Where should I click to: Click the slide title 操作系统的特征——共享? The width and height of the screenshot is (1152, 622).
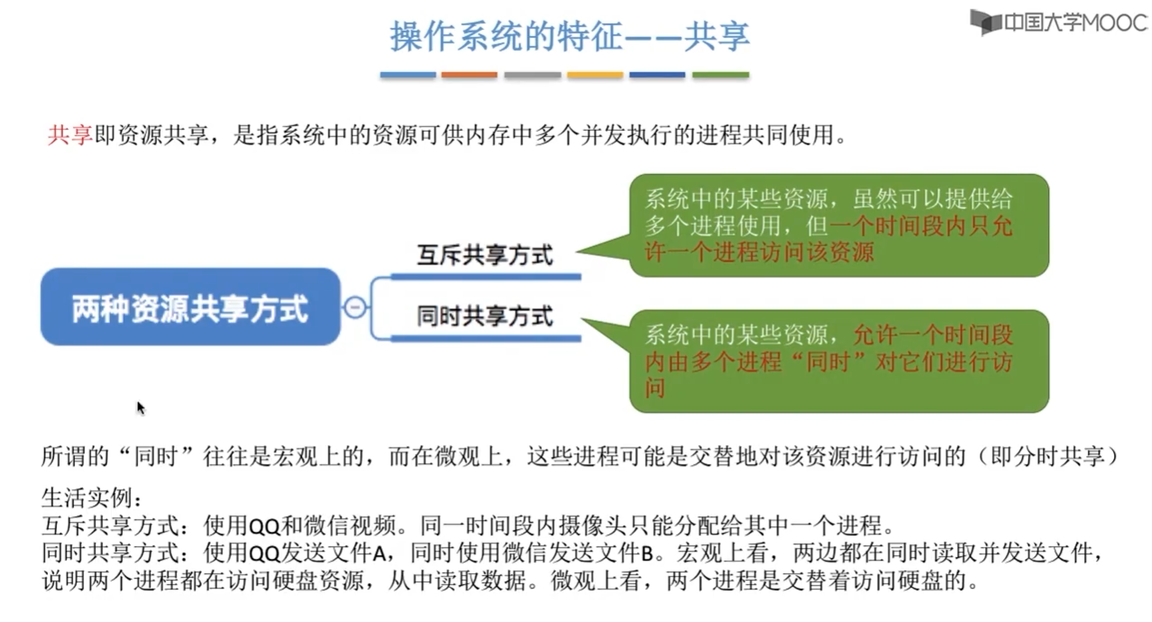pyautogui.click(x=569, y=36)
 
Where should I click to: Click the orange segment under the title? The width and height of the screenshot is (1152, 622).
pyautogui.click(x=469, y=75)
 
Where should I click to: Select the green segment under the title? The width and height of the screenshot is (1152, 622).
pyautogui.click(x=720, y=75)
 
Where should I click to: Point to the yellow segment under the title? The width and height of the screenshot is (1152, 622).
pyautogui.click(x=595, y=75)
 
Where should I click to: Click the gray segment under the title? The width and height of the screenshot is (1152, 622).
pyautogui.click(x=532, y=75)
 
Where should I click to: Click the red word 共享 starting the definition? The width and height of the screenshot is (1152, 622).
pyautogui.click(x=70, y=135)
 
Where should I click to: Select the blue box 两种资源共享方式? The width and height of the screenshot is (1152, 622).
pyautogui.click(x=190, y=307)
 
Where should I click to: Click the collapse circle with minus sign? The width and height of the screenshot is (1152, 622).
pyautogui.click(x=355, y=307)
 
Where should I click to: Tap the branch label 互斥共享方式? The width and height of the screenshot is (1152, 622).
pyautogui.click(x=485, y=255)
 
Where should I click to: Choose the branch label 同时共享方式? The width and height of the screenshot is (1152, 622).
pyautogui.click(x=485, y=316)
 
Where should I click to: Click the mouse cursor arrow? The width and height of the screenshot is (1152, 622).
pyautogui.click(x=141, y=407)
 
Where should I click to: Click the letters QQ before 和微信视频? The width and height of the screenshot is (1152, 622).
pyautogui.click(x=265, y=526)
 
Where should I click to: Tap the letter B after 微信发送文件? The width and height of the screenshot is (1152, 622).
pyautogui.click(x=647, y=553)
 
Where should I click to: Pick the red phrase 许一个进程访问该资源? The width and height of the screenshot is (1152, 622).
pyautogui.click(x=759, y=252)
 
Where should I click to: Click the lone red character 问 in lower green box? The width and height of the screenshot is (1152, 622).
pyautogui.click(x=654, y=388)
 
